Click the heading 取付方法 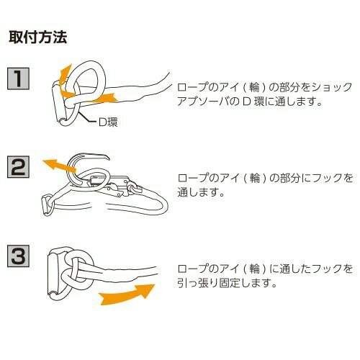(x=38, y=37)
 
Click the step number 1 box (x=18, y=78)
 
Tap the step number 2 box (x=18, y=167)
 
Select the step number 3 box (x=18, y=256)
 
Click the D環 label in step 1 (x=108, y=122)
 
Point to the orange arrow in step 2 (x=59, y=166)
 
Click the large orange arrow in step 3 (x=127, y=294)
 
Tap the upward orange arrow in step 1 (x=64, y=76)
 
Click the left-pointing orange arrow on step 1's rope (x=103, y=98)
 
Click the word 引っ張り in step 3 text (x=198, y=283)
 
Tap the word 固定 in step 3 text (x=230, y=283)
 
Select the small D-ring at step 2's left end (x=48, y=205)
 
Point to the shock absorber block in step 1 (x=59, y=102)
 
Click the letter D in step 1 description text (x=246, y=102)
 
